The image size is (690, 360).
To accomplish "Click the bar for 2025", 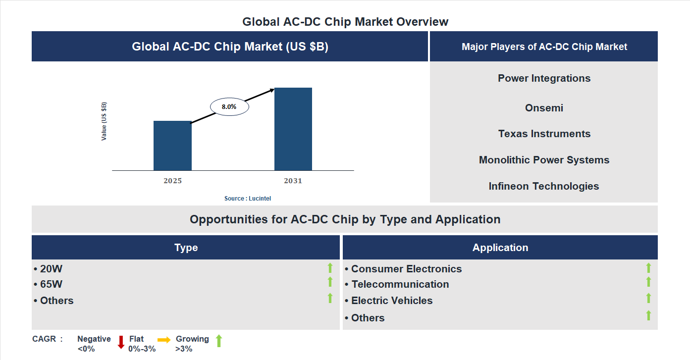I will (x=172, y=146).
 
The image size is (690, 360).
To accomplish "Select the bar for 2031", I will (x=293, y=129).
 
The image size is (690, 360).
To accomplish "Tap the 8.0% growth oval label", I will (x=229, y=106).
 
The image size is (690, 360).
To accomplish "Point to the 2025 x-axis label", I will (x=172, y=181).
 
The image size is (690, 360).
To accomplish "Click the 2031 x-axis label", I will (x=293, y=181).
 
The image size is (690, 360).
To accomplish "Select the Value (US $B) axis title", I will (x=104, y=121).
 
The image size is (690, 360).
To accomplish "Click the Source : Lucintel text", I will (x=248, y=198).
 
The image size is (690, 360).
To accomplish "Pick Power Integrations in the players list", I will (x=544, y=78).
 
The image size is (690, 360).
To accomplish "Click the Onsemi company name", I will (x=544, y=108).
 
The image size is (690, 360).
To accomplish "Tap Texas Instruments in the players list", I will (x=544, y=134).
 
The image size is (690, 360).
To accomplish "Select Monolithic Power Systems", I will (x=544, y=160).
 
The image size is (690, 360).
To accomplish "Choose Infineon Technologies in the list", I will (x=544, y=186).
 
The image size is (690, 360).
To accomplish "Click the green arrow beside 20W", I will (x=330, y=268).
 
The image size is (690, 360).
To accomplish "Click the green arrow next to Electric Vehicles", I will (x=648, y=298).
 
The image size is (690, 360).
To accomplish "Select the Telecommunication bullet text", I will (x=400, y=284).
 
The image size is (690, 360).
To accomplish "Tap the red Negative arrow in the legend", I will (x=121, y=342).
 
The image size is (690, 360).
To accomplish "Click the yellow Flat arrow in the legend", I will (x=164, y=340).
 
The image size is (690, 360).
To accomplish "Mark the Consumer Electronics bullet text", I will (x=406, y=269).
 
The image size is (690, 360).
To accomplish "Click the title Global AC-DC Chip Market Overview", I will (x=345, y=22).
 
